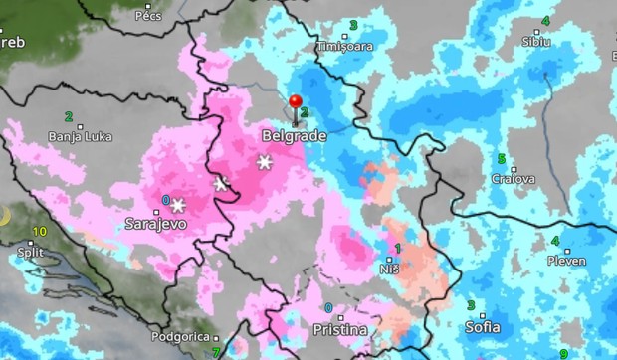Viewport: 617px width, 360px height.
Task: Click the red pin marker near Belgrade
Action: click(295, 101)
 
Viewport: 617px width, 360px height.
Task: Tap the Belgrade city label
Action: click(290, 134)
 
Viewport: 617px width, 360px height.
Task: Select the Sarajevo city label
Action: click(155, 225)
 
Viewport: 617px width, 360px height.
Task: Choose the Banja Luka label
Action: click(79, 136)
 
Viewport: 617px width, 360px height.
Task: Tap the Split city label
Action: click(34, 253)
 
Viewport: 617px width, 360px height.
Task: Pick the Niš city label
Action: click(389, 268)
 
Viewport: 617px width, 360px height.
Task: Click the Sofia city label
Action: click(482, 326)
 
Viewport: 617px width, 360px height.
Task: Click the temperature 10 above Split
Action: click(40, 232)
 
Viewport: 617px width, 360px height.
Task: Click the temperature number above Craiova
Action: click(502, 159)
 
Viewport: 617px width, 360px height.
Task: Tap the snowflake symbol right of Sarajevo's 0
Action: click(178, 206)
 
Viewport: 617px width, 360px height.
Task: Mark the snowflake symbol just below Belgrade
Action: click(265, 162)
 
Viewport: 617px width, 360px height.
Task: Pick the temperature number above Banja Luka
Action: click(69, 116)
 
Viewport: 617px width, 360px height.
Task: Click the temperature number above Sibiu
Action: click(545, 21)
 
